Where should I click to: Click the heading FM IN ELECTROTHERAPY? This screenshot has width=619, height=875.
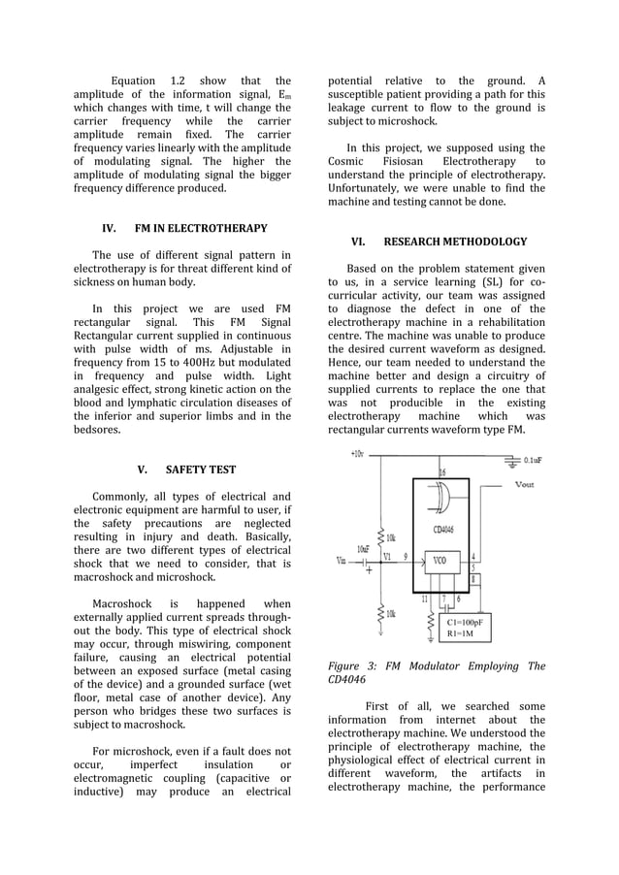click(201, 229)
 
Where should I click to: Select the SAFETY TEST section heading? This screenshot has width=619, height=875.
click(201, 470)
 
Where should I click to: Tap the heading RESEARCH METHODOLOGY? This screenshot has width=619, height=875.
click(456, 242)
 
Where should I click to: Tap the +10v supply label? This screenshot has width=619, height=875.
click(357, 454)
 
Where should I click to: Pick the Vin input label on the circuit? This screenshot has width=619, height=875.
click(342, 560)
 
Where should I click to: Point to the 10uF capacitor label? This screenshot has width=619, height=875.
click(363, 549)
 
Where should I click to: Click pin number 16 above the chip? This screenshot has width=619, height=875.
click(443, 472)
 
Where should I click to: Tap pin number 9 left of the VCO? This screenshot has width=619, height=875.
click(405, 557)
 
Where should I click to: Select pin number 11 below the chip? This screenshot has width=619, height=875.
click(424, 600)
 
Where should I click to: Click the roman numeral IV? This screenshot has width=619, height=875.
click(110, 229)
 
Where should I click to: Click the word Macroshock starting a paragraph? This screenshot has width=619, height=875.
click(124, 603)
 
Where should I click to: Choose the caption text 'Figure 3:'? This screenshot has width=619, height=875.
click(351, 666)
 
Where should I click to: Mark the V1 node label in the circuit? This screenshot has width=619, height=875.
click(386, 557)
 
